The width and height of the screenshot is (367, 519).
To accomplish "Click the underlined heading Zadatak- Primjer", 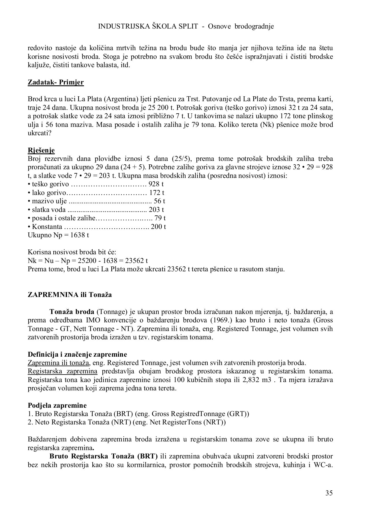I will tap(56, 82).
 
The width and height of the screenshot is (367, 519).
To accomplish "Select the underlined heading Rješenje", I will tap(41, 150).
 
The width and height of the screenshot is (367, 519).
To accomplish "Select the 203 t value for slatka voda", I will tap(156, 210).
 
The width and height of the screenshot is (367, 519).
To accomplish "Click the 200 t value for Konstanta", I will tap(158, 227).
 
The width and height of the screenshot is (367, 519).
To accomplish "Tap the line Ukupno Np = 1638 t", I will tap(58, 235).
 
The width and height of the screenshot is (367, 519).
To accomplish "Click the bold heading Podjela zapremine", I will tap(57, 405).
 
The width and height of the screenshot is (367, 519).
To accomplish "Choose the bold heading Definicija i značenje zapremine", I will tap(77, 354).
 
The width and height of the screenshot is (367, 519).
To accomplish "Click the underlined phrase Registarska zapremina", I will tap(62, 371).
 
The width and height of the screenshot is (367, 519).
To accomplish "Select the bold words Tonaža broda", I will tap(72, 312).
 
